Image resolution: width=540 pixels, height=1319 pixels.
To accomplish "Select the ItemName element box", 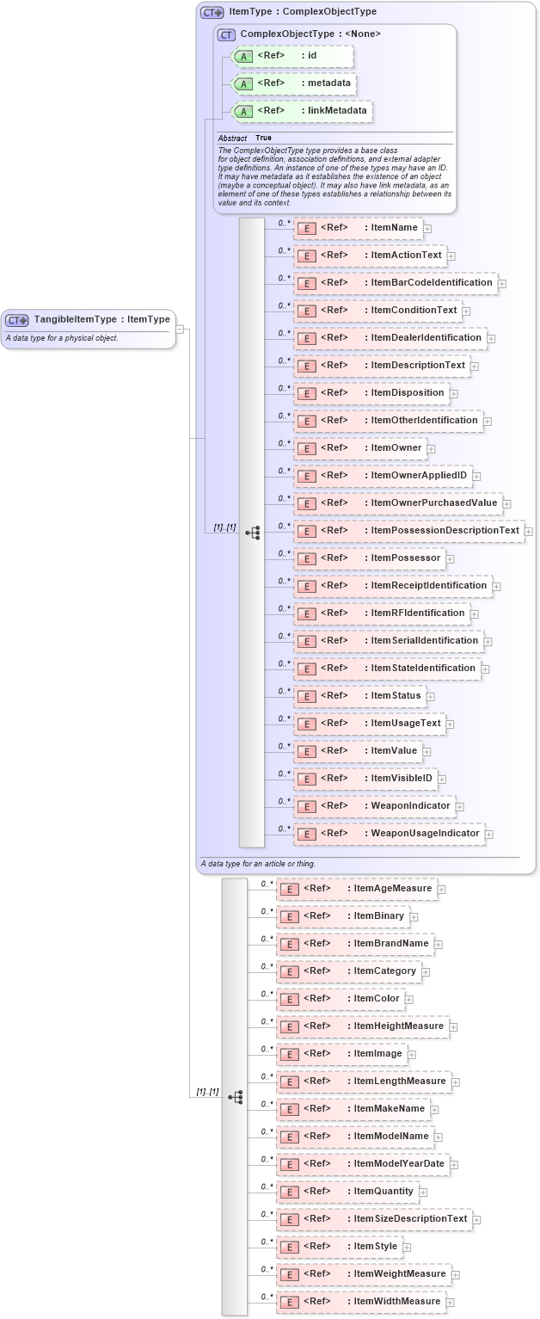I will click(x=357, y=228).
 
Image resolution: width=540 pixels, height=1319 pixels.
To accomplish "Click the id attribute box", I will click(x=292, y=56).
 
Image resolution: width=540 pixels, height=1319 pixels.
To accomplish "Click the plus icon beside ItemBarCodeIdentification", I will click(x=501, y=284).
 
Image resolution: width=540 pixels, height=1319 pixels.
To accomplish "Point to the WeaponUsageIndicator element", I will click(x=390, y=834).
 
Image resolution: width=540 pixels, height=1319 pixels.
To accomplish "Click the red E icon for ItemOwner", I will click(x=306, y=448).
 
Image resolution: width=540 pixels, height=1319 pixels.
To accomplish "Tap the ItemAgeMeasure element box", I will click(x=356, y=889).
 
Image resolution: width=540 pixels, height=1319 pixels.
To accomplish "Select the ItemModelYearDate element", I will click(x=362, y=1164).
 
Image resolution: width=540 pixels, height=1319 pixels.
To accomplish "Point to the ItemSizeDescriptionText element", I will click(x=373, y=1219).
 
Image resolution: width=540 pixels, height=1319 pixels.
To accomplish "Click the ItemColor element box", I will click(x=340, y=999).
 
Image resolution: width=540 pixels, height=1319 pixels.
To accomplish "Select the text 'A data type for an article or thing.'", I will click(x=258, y=863).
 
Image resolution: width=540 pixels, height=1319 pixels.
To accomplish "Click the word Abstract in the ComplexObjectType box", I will click(x=232, y=138).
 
